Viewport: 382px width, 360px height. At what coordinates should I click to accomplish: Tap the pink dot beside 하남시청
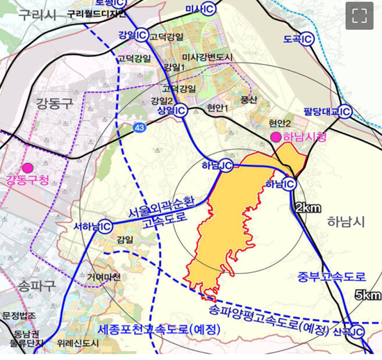(x=276, y=136)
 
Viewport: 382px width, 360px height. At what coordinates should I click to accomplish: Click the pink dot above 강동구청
(x=28, y=167)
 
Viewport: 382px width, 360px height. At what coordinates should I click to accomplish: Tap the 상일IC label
(x=168, y=111)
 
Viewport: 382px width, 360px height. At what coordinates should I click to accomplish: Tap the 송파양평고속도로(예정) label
(x=270, y=314)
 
